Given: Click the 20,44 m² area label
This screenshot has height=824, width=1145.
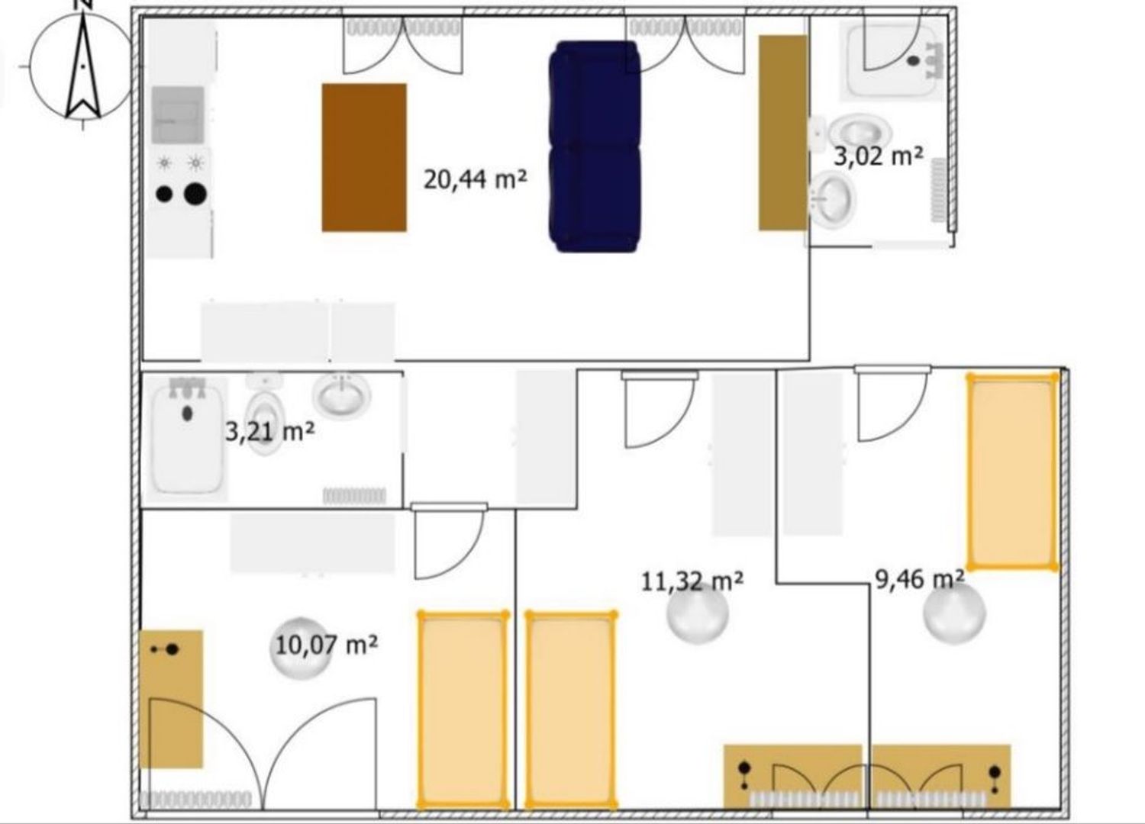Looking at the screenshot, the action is (475, 180).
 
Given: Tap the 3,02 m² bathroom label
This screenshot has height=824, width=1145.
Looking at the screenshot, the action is (879, 156).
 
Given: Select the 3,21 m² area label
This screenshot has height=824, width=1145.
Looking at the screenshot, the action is (270, 432).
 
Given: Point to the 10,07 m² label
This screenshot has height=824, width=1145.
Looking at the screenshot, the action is (327, 645).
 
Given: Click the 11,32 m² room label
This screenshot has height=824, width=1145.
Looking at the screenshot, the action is (692, 581).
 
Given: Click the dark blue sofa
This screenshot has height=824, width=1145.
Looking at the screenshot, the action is (595, 146).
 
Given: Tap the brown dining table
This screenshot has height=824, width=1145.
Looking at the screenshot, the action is (364, 157).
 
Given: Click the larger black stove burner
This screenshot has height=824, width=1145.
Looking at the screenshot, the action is (195, 194).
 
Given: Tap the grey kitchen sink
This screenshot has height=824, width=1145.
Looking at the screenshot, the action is (178, 115).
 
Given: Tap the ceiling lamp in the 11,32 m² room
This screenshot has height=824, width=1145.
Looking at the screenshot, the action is (697, 613).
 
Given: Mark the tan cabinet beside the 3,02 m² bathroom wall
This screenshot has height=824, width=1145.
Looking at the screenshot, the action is (783, 133).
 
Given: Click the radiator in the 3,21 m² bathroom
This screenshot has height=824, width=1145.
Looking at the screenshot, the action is (354, 495).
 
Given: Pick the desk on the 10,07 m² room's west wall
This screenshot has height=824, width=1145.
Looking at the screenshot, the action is (171, 699).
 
